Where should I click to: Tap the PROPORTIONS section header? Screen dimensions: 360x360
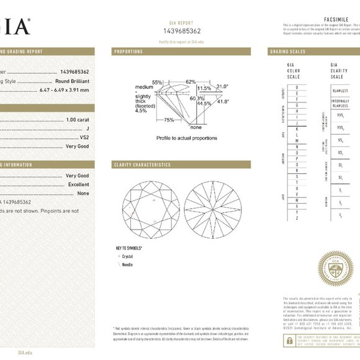click(128, 52)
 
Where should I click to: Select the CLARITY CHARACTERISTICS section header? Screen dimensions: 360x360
click(142, 164)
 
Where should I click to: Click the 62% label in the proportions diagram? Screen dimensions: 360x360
click(190, 82)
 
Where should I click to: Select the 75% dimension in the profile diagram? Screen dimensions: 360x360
click(169, 120)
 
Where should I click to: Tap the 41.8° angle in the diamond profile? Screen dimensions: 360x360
click(222, 101)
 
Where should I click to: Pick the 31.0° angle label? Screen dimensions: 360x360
click(222, 86)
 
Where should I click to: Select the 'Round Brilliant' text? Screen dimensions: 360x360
click(72, 81)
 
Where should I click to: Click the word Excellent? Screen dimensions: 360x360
click(78, 184)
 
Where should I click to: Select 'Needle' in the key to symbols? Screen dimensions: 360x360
click(128, 264)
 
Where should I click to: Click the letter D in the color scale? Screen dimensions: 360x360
click(295, 88)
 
